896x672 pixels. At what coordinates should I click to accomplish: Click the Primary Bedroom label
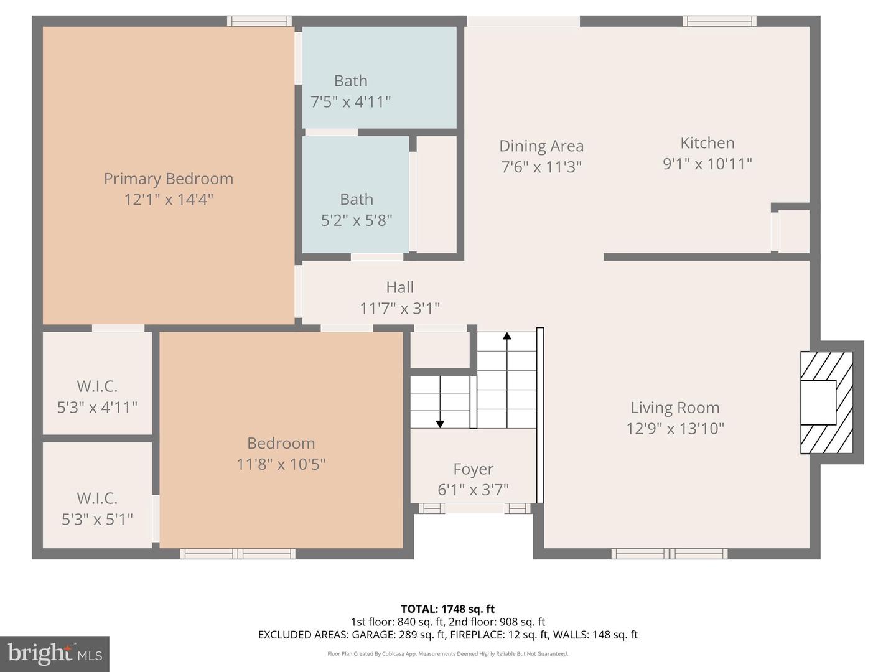169,179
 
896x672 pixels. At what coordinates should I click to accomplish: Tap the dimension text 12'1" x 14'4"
169,200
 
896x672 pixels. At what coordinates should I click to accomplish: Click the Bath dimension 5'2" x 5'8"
357,220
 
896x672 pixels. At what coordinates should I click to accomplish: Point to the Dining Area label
541,146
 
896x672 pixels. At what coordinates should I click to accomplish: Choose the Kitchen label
707,143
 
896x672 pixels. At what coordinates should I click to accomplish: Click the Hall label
399,287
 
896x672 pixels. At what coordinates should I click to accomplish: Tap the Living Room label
675,408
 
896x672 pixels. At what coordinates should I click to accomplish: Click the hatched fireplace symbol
826,403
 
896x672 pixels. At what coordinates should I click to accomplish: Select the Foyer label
473,469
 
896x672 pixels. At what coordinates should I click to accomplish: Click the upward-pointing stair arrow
507,337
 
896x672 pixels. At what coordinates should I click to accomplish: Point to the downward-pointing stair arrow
440,424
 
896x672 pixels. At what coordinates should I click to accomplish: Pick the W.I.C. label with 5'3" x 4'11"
97,386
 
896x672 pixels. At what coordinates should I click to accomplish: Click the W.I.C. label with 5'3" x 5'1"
97,498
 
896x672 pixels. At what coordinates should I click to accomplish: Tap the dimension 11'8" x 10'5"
281,464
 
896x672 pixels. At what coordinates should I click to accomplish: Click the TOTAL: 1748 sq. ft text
447,609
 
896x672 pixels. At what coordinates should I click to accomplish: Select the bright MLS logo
55,653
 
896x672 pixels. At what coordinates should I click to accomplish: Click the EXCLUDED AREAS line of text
447,635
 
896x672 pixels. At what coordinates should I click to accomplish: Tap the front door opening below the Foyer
474,508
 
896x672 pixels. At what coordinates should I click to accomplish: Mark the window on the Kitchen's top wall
719,21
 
